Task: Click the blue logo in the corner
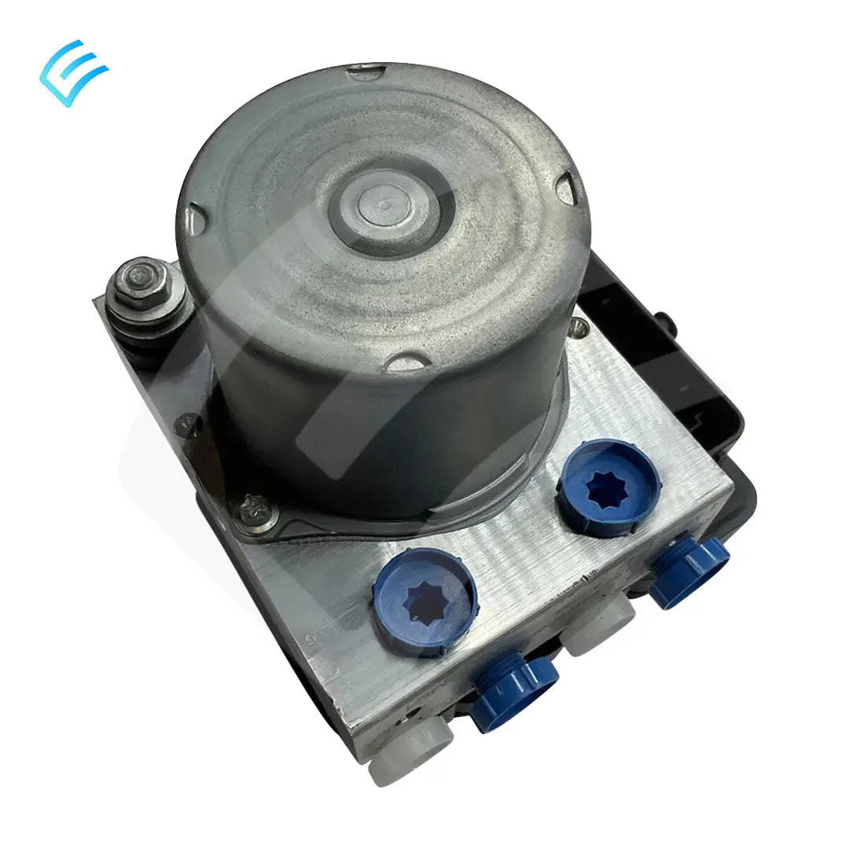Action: [x=73, y=72]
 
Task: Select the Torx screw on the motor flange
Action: [x=253, y=511]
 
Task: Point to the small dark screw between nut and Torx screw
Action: [x=187, y=424]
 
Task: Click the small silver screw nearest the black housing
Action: [x=580, y=323]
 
